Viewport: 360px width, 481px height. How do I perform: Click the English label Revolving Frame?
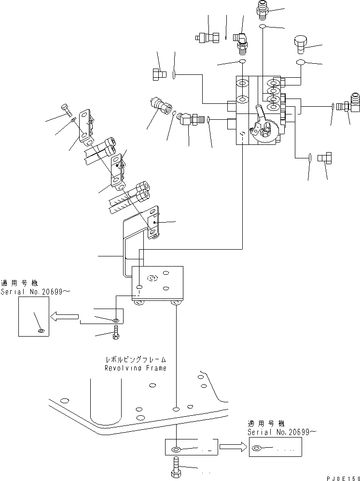(136, 368)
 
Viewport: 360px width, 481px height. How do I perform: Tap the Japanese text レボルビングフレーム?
(136, 360)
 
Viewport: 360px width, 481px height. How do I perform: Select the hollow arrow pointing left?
(65, 317)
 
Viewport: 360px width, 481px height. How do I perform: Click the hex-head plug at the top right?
(301, 43)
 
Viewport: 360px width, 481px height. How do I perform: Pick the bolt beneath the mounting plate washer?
(116, 333)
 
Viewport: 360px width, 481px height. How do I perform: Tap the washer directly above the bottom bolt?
(176, 449)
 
